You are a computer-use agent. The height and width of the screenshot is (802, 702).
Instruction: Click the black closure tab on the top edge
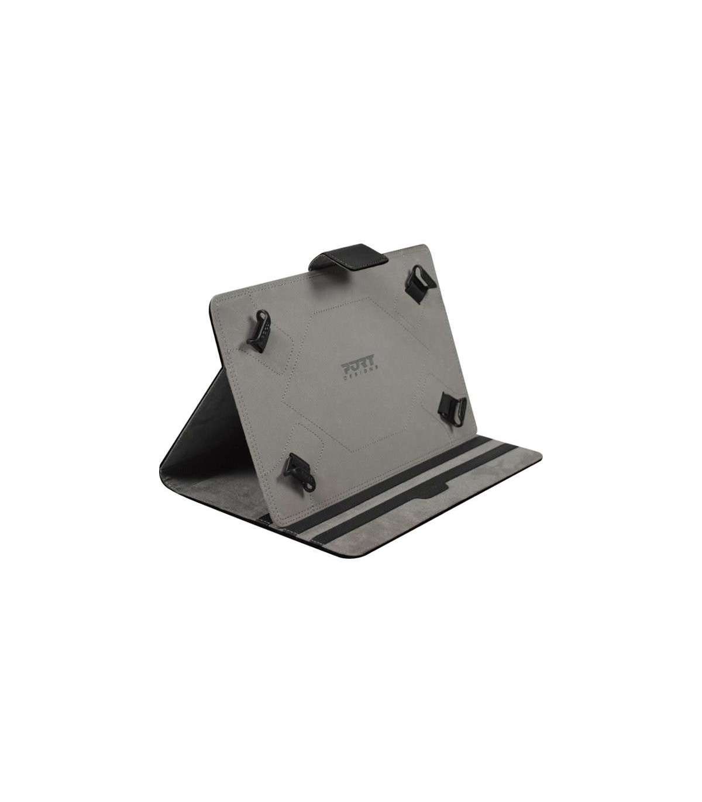click(x=349, y=259)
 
